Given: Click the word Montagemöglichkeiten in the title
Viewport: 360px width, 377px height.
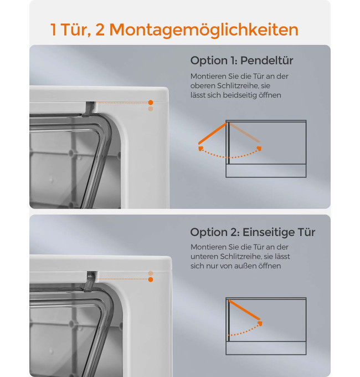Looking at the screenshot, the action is pos(204,30).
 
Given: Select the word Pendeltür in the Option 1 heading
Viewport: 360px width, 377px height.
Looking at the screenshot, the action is pos(266,60).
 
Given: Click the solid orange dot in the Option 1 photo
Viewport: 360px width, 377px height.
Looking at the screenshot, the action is pos(151,103).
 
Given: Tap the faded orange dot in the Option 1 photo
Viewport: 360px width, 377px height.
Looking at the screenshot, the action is pos(151,109).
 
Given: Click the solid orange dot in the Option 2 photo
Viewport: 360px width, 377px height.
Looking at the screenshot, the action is pos(151,279).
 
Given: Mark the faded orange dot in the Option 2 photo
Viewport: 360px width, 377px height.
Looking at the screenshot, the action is pos(151,273).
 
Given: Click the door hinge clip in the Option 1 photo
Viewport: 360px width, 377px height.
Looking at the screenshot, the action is pos(89,109).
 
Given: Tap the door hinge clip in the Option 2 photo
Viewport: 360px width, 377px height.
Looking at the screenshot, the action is pos(90,281).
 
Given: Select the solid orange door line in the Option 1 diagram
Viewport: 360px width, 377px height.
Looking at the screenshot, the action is pos(212,134).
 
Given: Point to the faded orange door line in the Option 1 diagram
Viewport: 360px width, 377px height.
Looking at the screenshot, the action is pos(244,133).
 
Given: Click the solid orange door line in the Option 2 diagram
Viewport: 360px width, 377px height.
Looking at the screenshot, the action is pos(244,310).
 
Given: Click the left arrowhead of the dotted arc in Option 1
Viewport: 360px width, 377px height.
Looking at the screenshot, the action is pos(200,148).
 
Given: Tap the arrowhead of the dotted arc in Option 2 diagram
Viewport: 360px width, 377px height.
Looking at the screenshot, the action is pos(260,324).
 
